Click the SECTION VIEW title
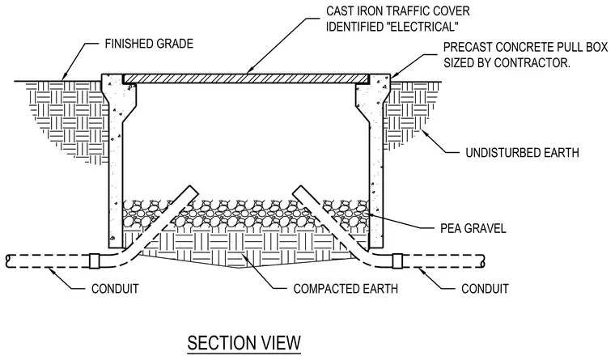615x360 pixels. (244, 343)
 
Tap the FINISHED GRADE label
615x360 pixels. (149, 44)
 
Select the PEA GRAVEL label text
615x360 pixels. (473, 228)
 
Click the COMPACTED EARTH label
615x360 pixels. (346, 289)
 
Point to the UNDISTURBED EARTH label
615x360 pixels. (522, 153)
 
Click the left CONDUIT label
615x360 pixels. (115, 289)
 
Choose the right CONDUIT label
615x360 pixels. (485, 289)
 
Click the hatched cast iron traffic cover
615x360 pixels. (246, 78)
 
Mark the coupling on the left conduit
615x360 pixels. (94, 260)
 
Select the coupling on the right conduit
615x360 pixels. (397, 260)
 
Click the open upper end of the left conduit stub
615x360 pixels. (194, 190)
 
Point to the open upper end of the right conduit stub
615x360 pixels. (297, 190)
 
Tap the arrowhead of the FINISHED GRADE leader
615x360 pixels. (64, 77)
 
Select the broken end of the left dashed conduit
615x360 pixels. (8, 261)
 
